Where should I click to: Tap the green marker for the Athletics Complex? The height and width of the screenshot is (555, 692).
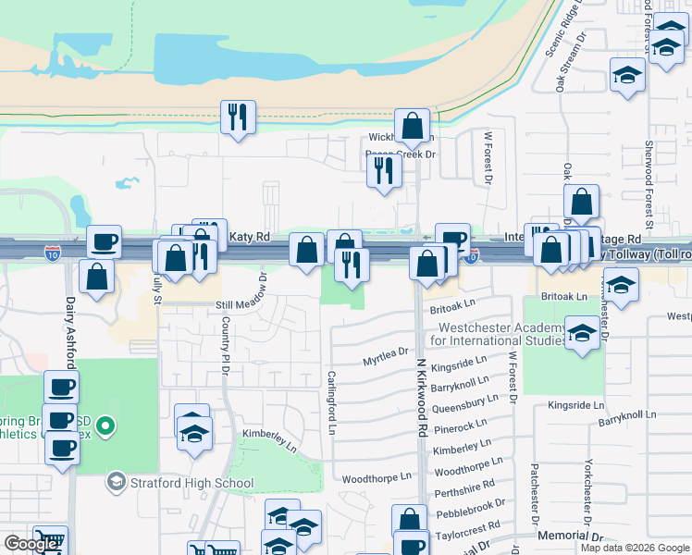point(105,426)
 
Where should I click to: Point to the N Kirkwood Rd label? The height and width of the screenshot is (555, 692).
point(422,398)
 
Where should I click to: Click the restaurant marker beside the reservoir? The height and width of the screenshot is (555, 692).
point(238,117)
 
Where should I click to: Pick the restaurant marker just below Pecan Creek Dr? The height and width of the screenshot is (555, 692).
point(383,170)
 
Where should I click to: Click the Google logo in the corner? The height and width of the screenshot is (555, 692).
point(31,544)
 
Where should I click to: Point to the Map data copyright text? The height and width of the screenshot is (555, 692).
point(636,548)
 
